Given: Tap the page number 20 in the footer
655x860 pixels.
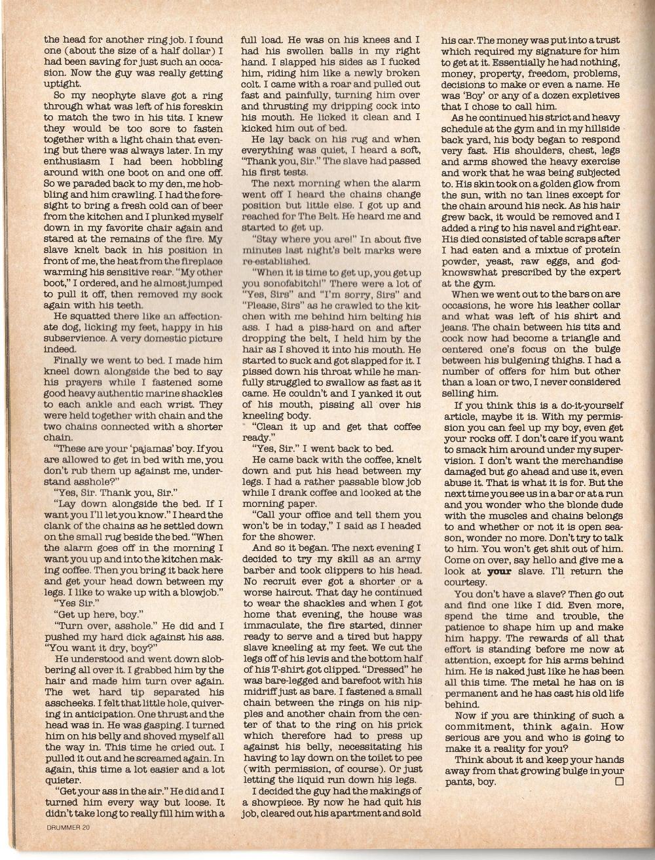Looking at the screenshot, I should coord(86,827).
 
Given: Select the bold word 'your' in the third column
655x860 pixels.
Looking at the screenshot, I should coord(500,571).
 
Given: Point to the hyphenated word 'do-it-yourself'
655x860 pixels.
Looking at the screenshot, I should coord(587,405).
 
